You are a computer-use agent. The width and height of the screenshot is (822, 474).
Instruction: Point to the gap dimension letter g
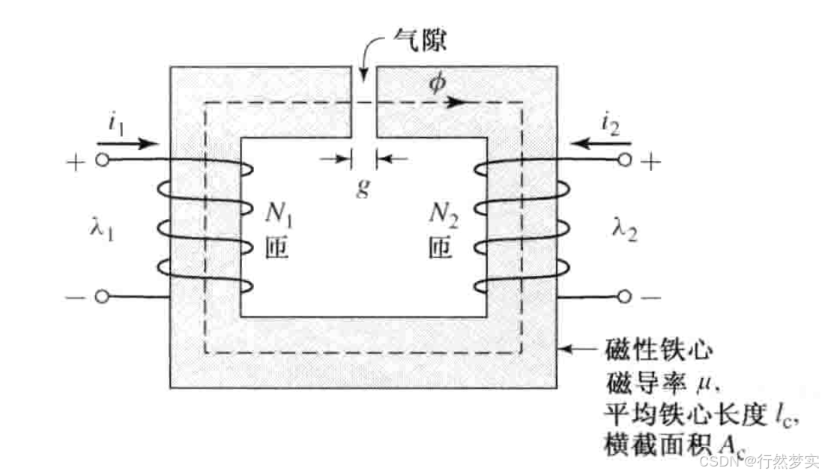point(363,186)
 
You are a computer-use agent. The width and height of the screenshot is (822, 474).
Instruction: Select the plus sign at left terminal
point(76,160)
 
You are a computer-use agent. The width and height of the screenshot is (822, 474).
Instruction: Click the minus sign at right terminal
point(650,297)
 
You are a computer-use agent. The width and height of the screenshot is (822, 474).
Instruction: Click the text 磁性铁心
point(655,350)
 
